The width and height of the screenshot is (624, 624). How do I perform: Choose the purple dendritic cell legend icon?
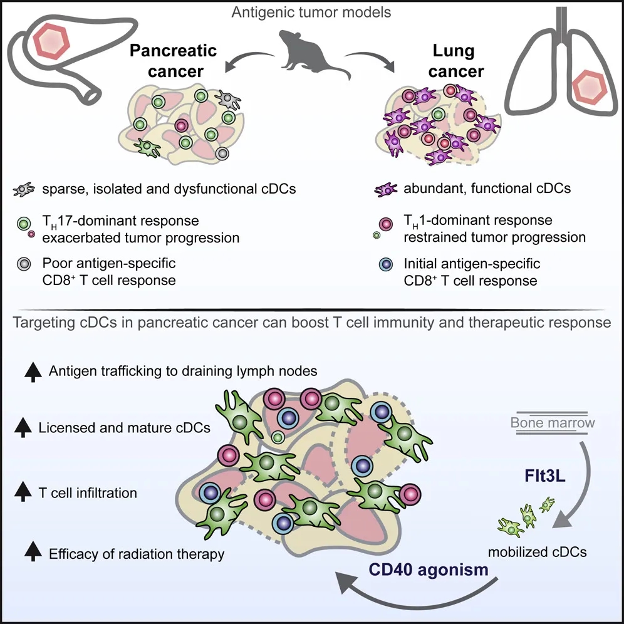385,189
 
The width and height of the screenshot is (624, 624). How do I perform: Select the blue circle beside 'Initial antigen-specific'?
385,264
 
